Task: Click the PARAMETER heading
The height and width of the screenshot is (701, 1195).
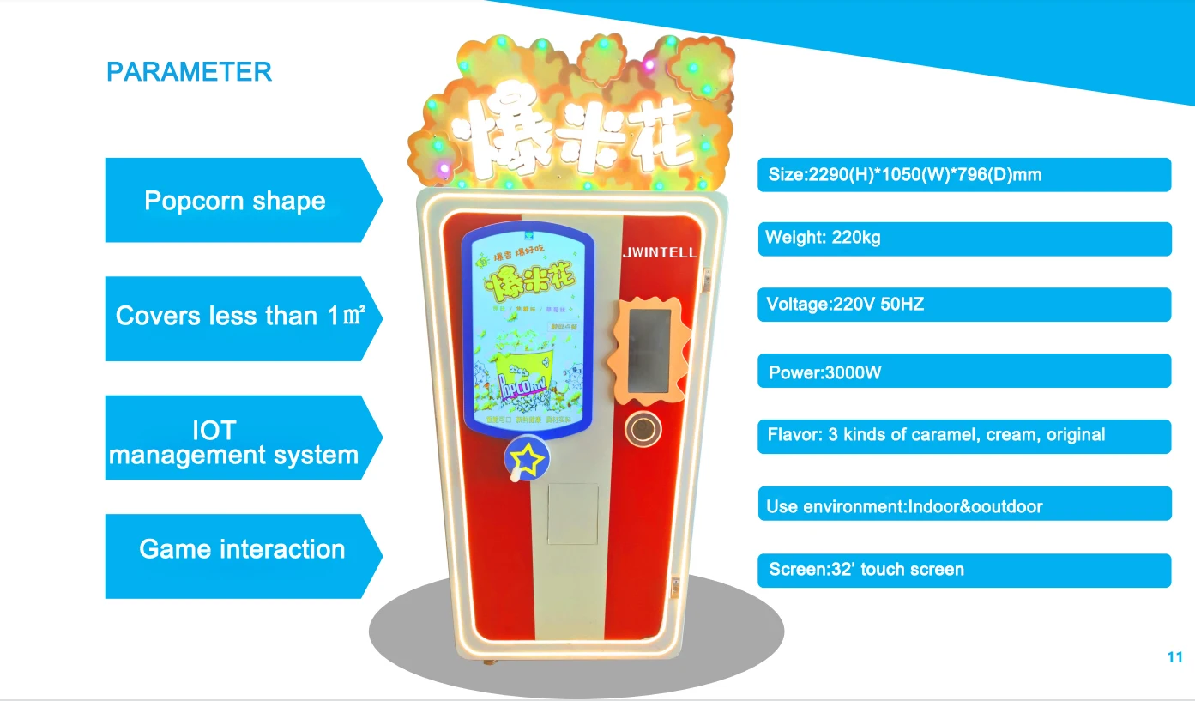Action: [189, 72]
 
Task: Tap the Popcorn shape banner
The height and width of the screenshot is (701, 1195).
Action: [234, 201]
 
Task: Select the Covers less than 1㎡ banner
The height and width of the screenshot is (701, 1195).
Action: [240, 316]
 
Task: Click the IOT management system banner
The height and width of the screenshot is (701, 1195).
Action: [233, 442]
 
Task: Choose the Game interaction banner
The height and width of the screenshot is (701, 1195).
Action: [241, 549]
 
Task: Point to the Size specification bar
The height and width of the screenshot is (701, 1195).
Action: [963, 175]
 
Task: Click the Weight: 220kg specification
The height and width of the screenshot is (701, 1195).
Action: [963, 238]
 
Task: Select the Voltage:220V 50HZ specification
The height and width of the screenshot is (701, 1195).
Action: [963, 304]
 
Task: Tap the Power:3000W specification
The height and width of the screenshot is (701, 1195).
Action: [963, 372]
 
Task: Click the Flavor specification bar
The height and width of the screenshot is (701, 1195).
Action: [963, 435]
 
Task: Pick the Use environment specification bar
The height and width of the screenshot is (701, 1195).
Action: [963, 506]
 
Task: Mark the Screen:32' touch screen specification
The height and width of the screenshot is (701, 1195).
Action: [963, 570]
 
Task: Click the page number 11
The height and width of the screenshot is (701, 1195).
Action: [1174, 657]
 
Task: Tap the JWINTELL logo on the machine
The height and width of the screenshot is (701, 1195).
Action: [659, 252]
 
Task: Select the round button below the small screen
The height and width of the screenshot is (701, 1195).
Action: [644, 427]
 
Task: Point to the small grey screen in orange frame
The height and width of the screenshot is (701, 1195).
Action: [648, 348]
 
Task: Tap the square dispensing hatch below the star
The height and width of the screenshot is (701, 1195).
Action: [572, 513]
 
